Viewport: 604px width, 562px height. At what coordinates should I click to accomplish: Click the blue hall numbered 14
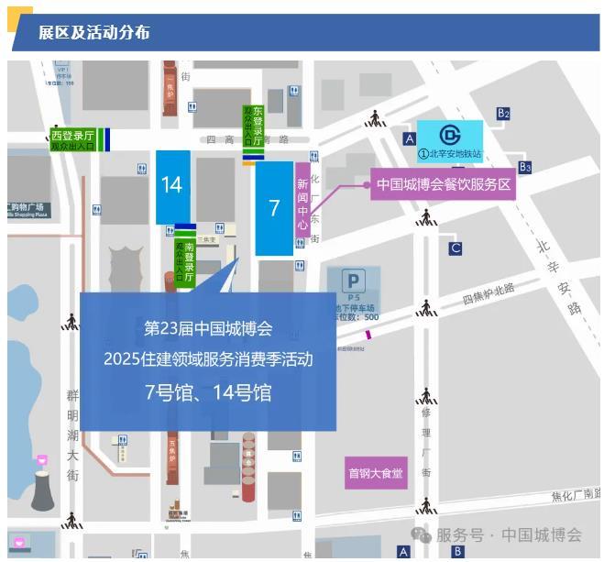(172, 186)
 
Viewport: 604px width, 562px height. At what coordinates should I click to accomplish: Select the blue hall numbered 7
(274, 208)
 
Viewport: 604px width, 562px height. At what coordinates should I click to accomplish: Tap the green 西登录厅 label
(72, 139)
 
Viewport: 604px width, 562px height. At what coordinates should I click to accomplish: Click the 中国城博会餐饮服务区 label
(444, 184)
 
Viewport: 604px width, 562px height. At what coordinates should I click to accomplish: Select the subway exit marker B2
(503, 113)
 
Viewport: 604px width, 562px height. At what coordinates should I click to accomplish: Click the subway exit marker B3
(525, 167)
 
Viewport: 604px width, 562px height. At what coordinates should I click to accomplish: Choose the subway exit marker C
(456, 248)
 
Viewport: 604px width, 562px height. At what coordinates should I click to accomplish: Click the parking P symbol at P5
(353, 280)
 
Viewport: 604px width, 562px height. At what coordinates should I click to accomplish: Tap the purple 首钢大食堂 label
(376, 473)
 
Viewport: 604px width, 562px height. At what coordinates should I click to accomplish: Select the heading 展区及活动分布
(93, 34)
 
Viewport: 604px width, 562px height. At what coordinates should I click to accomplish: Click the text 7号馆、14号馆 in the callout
(208, 393)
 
